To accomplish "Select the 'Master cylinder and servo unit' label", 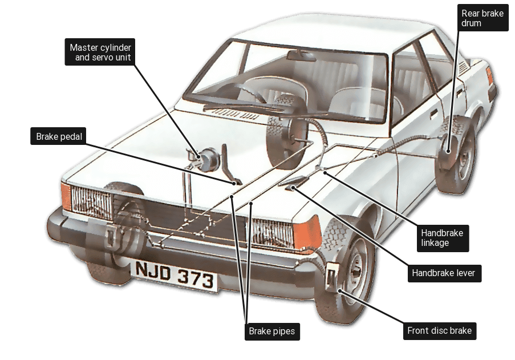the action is click(100, 52).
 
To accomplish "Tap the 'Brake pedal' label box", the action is click(58, 137).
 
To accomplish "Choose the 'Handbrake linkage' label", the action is click(441, 237).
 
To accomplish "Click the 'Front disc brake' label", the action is click(439, 330).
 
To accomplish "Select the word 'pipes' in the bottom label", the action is click(282, 330).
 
